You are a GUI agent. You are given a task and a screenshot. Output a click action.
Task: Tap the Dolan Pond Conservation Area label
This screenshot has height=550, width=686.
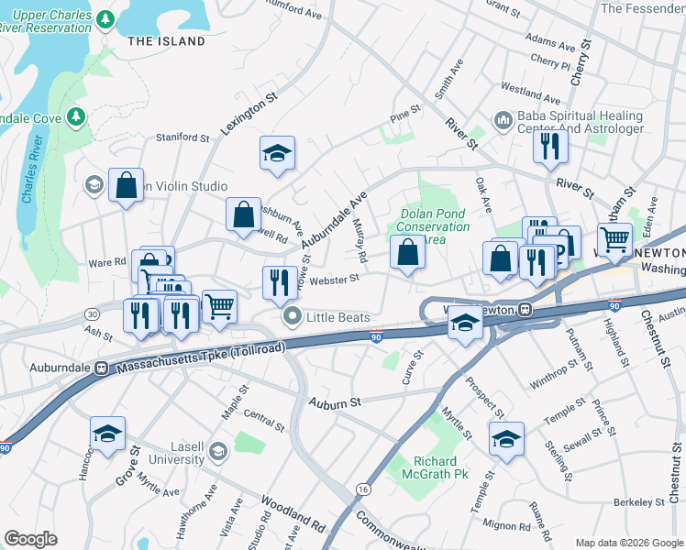434,226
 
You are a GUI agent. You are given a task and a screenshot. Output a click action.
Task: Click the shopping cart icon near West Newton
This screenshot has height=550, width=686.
614,240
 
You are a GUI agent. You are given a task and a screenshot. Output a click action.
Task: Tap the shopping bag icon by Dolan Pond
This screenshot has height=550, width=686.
407,253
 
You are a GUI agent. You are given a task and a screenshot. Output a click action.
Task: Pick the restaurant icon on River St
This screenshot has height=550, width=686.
549,147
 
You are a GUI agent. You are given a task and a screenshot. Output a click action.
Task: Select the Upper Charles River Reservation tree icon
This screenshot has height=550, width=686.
105,18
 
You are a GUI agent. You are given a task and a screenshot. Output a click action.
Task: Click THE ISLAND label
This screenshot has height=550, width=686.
166,41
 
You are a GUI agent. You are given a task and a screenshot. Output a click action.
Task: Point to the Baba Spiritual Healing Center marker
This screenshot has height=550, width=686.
502,121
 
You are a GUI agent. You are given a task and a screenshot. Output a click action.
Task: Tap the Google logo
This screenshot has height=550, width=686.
30,539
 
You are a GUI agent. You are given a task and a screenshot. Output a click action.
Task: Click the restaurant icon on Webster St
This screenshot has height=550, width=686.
279,282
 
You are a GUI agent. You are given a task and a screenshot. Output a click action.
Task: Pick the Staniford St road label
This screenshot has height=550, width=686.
183,137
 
